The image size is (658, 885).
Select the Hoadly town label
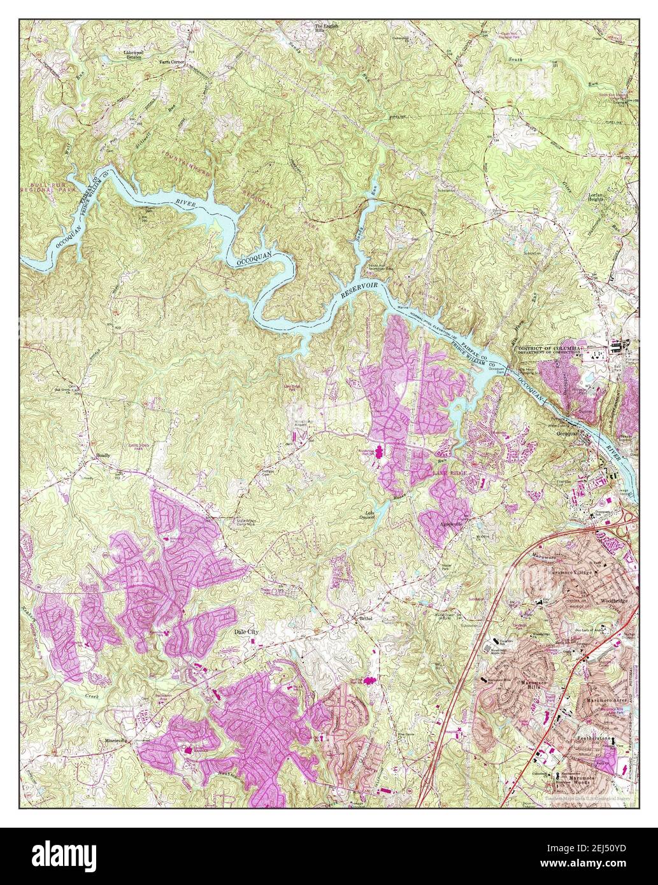[x=103, y=457]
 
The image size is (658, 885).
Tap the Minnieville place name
[x=117, y=742]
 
